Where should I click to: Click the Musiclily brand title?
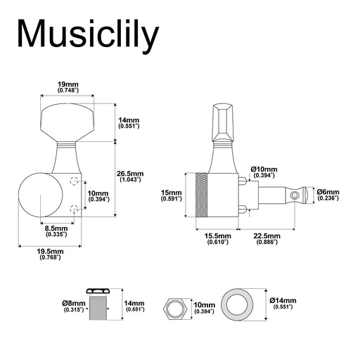coord(89,34)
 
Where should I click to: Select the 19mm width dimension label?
coord(68,86)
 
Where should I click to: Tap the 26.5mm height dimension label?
coord(130,176)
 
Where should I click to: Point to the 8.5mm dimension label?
coord(56,231)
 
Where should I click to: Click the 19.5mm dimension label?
coord(50,255)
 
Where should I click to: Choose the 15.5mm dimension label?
coord(217,239)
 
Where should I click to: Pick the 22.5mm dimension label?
coord(266,239)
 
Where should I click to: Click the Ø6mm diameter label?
coord(328,195)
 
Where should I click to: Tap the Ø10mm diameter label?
coord(264,172)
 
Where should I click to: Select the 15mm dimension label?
coord(171,195)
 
